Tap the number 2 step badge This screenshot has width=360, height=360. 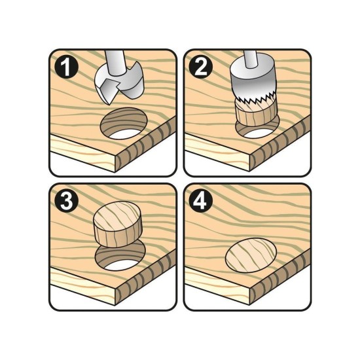(201, 67)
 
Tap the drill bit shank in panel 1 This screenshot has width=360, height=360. (115, 62)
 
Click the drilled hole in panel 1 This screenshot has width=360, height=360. (124, 123)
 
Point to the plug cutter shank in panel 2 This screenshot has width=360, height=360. (251, 59)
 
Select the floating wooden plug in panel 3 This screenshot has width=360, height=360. (117, 225)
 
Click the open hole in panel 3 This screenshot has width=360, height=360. (121, 257)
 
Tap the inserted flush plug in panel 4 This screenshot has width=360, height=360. (251, 255)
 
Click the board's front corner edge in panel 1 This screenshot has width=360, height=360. (115, 164)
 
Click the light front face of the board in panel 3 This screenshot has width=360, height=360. (82, 285)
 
